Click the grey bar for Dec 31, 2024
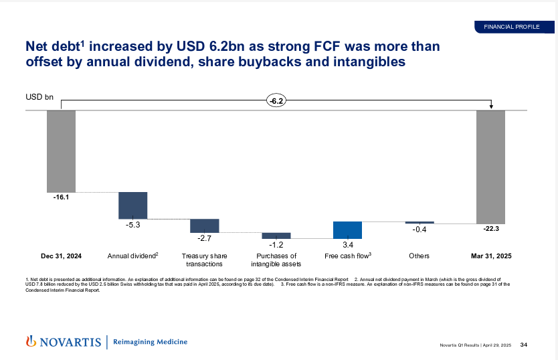pos(61,151)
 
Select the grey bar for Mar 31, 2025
pos(490,167)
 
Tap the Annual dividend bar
pos(132,205)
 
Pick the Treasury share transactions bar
pos(205,226)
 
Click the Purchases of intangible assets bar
pos(276,236)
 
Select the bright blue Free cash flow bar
pos(347,230)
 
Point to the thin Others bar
pos(420,223)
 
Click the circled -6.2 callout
pos(276,101)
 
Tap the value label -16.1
pos(61,197)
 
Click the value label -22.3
pos(491,229)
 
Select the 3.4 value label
pos(348,245)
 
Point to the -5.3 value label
pos(132,225)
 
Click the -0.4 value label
pos(420,230)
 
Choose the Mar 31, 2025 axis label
pos(491,256)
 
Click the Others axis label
pos(420,256)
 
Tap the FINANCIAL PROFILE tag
pos(512,27)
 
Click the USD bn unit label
pos(39,97)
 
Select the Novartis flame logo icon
pos(31,341)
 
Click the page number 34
pos(524,345)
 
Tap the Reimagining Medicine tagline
pos(150,342)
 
